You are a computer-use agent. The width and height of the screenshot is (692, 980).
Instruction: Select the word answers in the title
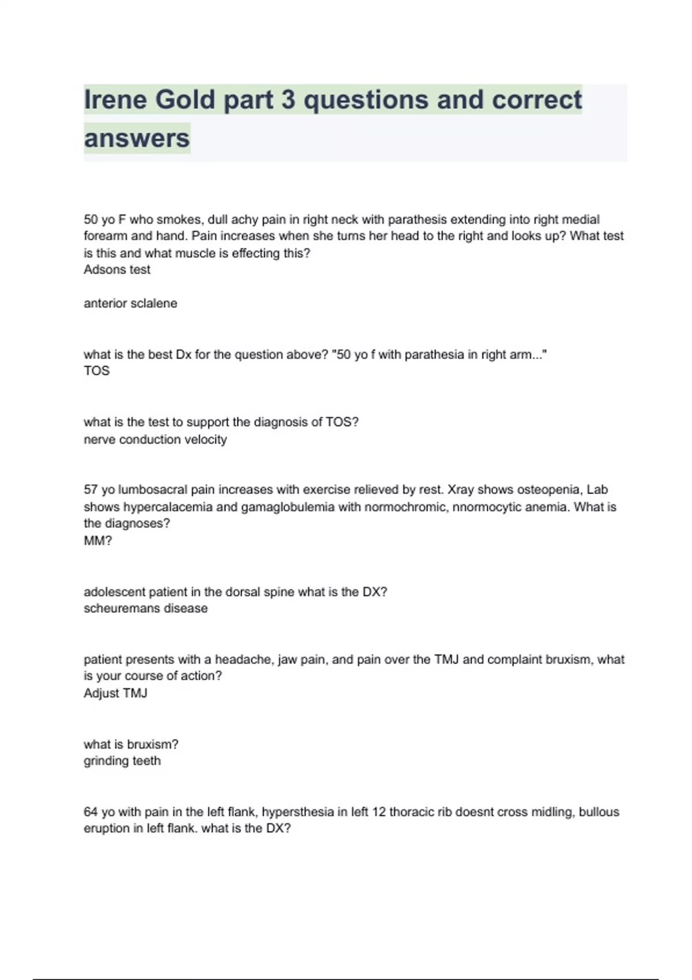[137, 138]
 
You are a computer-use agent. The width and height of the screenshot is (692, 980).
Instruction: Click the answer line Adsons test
[117, 270]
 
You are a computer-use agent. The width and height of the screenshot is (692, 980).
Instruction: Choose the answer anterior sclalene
[130, 304]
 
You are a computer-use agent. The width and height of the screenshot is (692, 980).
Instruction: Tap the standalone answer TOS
[96, 371]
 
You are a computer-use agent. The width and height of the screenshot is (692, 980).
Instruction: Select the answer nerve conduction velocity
[155, 440]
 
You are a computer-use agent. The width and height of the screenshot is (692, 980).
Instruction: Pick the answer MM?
[98, 541]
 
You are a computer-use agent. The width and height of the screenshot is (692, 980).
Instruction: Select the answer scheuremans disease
[145, 609]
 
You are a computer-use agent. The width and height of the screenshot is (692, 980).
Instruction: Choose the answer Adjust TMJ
[115, 693]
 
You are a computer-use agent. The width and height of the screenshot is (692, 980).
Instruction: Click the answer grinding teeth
[122, 761]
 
